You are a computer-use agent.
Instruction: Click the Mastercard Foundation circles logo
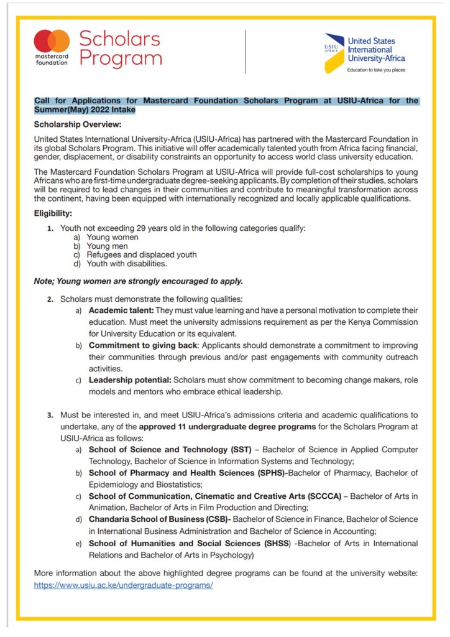coord(52,42)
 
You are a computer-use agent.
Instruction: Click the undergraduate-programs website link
coord(123,586)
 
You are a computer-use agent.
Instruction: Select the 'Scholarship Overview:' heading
coord(78,124)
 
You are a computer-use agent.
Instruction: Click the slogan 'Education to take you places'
coord(376,70)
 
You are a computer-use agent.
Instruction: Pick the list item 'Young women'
coord(112,237)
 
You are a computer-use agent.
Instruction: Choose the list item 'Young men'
coord(108,246)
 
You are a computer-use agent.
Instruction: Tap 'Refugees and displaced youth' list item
coord(142,254)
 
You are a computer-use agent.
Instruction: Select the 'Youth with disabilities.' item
coord(127,263)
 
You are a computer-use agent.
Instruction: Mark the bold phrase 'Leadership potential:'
coord(130,379)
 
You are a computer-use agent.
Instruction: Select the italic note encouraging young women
coord(138,281)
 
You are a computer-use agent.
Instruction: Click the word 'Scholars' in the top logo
coord(119,39)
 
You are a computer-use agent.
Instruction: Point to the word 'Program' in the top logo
coord(120,59)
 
